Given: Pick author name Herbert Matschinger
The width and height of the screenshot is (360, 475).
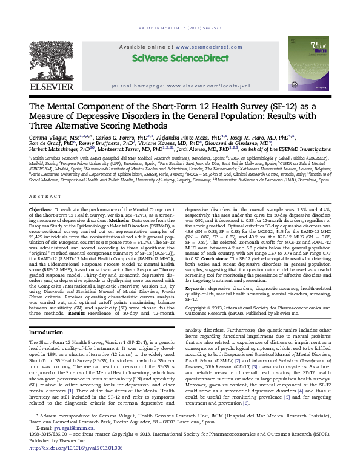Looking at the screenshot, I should (x=55, y=148).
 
